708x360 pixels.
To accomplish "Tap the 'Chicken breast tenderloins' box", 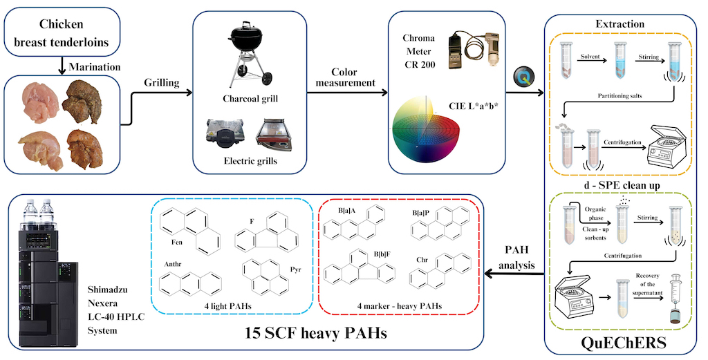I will [x=63, y=33].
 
